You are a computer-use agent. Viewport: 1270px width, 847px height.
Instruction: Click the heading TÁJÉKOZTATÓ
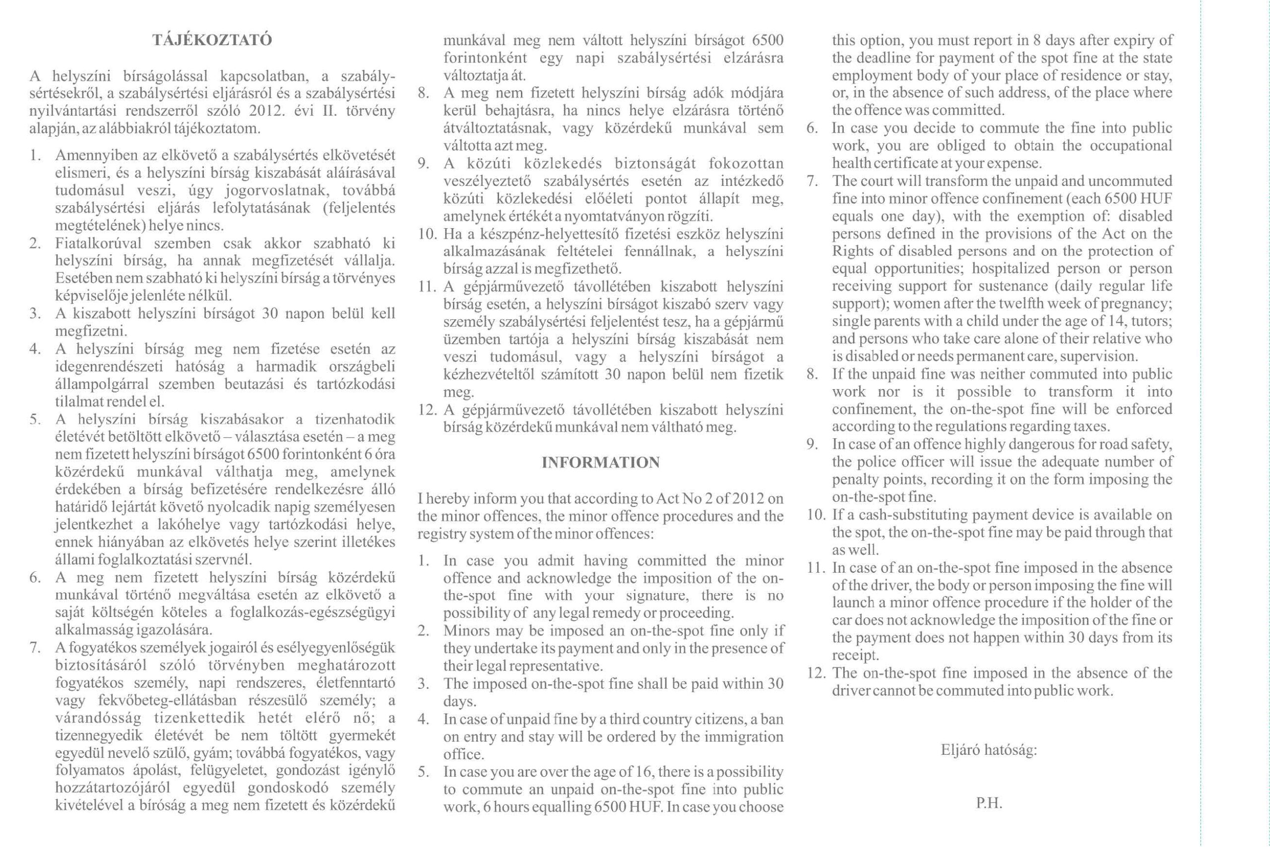[212, 41]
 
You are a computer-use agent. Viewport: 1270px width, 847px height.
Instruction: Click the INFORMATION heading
[600, 462]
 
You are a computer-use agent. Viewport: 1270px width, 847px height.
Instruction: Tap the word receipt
[854, 655]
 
